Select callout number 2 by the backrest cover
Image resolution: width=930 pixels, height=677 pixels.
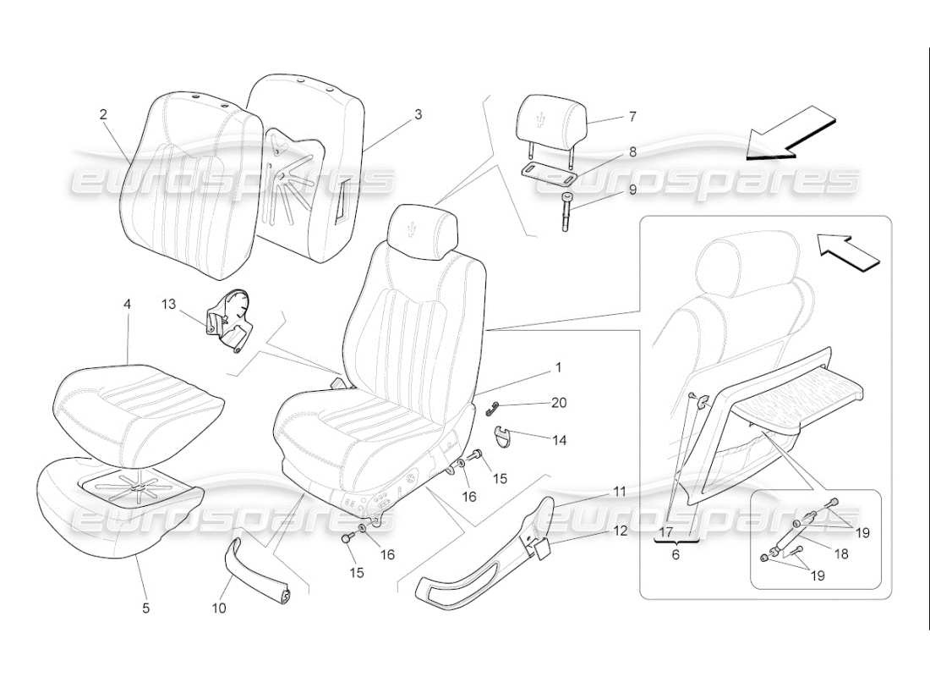click(x=103, y=114)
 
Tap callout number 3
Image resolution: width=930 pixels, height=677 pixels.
click(x=418, y=114)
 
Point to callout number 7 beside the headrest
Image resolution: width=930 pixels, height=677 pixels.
click(x=632, y=117)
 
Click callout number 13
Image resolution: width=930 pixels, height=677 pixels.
click(x=169, y=302)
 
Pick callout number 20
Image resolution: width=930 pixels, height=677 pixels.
click(x=558, y=403)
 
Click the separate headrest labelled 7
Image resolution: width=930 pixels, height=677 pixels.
click(x=550, y=118)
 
